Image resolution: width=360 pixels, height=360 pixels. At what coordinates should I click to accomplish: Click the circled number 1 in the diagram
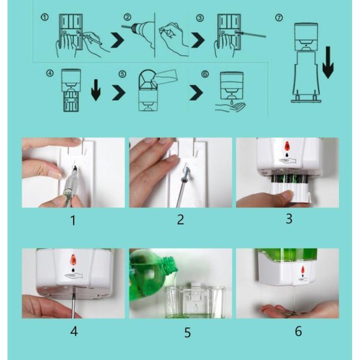point(44,17)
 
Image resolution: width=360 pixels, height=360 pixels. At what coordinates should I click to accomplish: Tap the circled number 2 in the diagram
point(127,17)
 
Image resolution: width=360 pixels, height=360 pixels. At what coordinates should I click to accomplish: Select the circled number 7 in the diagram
point(279,17)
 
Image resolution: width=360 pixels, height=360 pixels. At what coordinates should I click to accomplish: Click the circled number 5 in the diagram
point(122,74)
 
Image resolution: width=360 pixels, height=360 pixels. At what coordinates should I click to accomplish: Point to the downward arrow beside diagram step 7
point(328,62)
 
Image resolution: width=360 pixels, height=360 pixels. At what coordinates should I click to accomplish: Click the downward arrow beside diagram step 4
point(96,90)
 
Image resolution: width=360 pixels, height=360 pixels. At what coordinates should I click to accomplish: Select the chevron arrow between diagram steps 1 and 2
point(117,40)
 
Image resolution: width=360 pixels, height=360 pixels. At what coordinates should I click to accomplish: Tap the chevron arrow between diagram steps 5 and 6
point(196,92)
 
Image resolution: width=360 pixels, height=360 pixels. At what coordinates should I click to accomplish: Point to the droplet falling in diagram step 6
point(232,102)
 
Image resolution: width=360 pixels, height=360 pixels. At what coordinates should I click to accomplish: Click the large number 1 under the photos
point(73,220)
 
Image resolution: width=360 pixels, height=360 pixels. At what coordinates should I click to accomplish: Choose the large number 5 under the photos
point(187,332)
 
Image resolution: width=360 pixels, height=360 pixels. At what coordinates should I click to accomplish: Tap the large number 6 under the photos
point(298,331)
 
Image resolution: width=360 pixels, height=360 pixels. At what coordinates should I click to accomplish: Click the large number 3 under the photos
point(289,218)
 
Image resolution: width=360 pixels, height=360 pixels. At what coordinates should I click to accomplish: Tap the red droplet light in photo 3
point(287,146)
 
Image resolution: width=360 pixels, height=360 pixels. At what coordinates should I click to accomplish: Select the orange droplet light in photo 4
point(73,260)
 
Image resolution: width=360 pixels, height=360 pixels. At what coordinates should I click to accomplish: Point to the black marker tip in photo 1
point(76,170)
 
